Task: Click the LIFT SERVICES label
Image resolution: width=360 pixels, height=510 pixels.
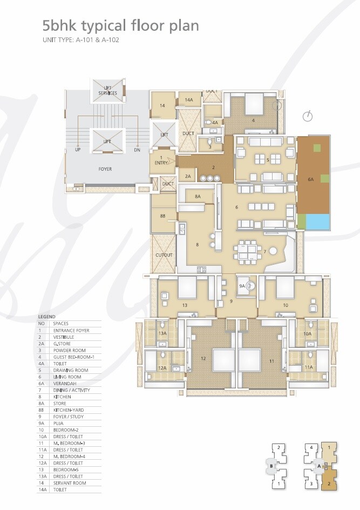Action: pos(107,90)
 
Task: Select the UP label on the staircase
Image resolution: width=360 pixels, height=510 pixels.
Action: pos(78,150)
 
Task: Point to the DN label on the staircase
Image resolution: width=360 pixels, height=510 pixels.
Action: pos(137,150)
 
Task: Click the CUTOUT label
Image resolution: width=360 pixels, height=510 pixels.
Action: pos(164,255)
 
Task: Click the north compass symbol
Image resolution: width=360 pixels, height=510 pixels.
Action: pos(308,116)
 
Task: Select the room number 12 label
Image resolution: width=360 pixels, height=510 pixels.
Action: pos(203,358)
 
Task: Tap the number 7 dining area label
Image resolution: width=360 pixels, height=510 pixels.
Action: pos(264,252)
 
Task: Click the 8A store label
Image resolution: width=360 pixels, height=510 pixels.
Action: pos(198,197)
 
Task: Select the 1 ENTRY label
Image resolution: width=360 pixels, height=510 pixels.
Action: pos(161,160)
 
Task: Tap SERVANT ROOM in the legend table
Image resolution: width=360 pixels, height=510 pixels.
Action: pos(68,483)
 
